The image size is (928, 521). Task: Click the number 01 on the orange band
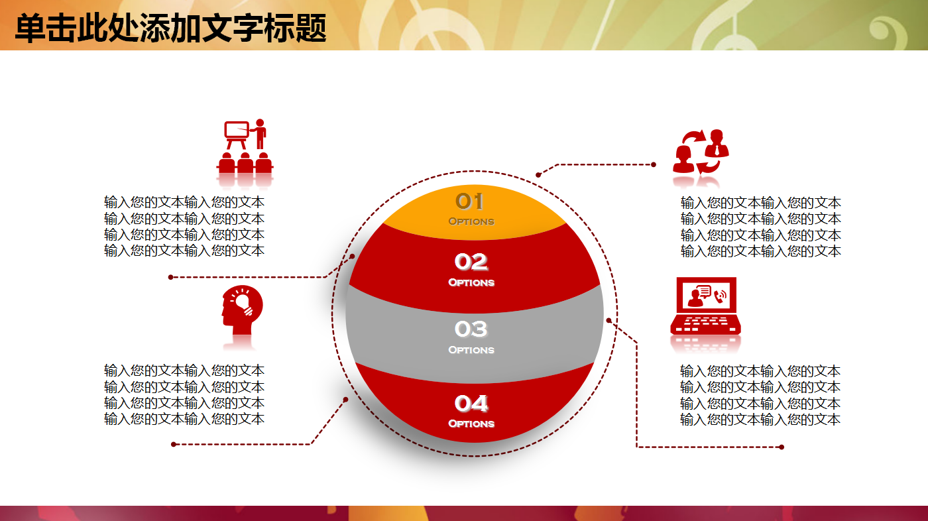click(x=469, y=201)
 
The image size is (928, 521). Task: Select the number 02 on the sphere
click(x=471, y=262)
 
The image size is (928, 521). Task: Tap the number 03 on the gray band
click(x=471, y=329)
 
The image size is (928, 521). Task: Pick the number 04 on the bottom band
click(x=471, y=403)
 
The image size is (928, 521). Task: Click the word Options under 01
click(x=471, y=221)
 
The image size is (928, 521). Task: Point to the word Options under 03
click(x=471, y=350)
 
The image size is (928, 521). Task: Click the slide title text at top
click(x=170, y=29)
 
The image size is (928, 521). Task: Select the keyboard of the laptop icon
click(x=705, y=324)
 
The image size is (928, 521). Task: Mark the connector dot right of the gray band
click(x=609, y=320)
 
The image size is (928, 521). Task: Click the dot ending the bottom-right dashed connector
click(x=782, y=447)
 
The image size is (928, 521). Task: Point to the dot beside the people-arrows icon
click(x=654, y=164)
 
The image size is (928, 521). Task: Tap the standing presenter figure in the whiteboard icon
click(x=260, y=133)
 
